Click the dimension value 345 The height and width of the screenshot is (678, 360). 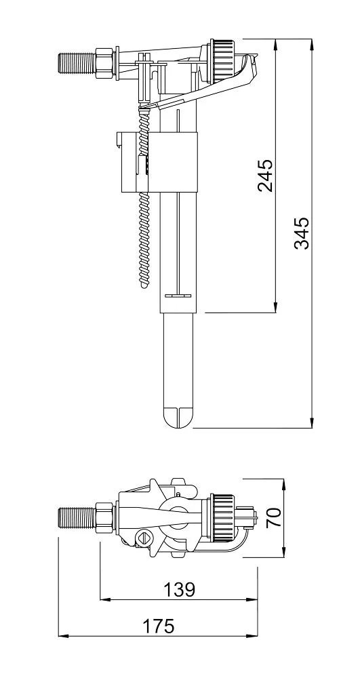coord(302,233)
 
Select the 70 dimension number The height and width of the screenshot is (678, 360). coord(273,519)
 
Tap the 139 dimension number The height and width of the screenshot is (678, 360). coord(179,591)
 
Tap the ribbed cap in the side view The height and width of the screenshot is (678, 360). coord(221,54)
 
